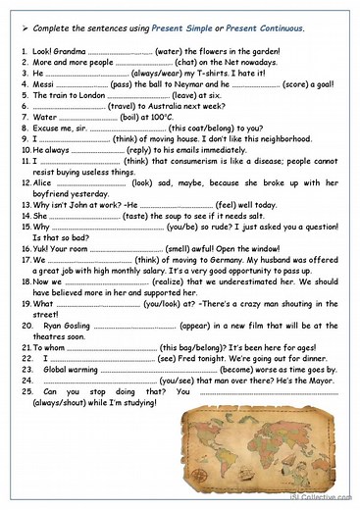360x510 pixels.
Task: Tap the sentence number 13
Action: coord(25,205)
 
